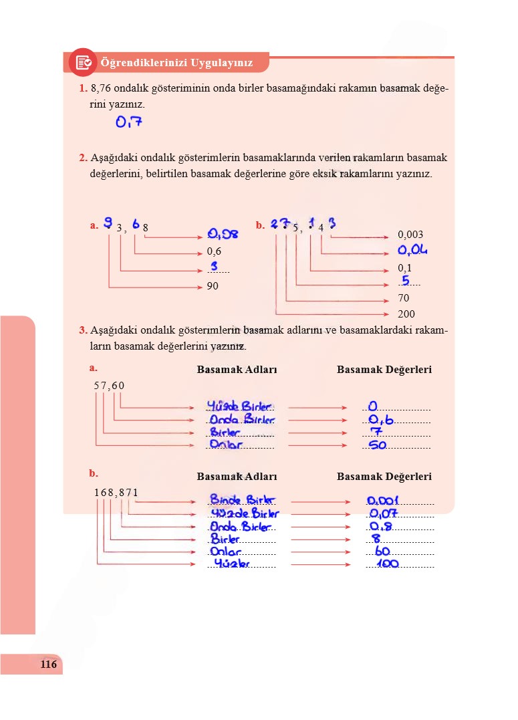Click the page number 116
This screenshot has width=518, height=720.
pyautogui.click(x=48, y=665)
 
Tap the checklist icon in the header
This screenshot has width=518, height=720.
pyautogui.click(x=84, y=62)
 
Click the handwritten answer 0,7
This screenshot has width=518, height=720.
pyautogui.click(x=129, y=122)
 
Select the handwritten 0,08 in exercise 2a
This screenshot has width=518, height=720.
pyautogui.click(x=223, y=234)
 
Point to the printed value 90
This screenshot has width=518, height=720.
pyautogui.click(x=213, y=286)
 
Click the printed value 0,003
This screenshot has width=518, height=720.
pyautogui.click(x=410, y=235)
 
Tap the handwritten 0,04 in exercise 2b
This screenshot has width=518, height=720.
pyautogui.click(x=412, y=251)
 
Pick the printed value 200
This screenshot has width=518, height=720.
pyautogui.click(x=406, y=314)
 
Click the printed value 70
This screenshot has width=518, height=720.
pyautogui.click(x=404, y=298)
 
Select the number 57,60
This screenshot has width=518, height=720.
pyautogui.click(x=109, y=385)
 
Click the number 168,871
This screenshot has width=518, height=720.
pyautogui.click(x=116, y=493)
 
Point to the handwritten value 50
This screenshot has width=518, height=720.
pyautogui.click(x=378, y=445)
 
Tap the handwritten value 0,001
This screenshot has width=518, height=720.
pyautogui.click(x=382, y=501)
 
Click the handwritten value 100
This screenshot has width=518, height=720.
pyautogui.click(x=384, y=565)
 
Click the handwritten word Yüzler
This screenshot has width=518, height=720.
pyautogui.click(x=231, y=564)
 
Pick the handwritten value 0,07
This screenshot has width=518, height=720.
pyautogui.click(x=383, y=513)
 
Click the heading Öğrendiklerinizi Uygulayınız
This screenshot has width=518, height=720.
pyautogui.click(x=176, y=63)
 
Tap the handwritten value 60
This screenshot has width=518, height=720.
pyautogui.click(x=382, y=552)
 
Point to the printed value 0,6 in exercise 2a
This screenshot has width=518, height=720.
pyautogui.click(x=214, y=252)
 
